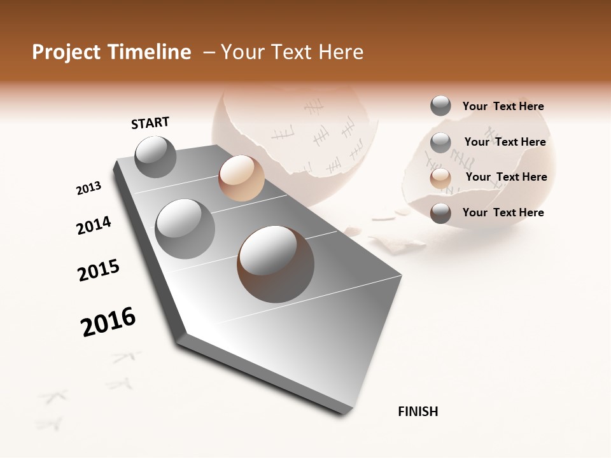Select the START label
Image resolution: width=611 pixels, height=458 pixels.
tap(150, 123)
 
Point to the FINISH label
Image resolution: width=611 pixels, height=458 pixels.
tap(418, 412)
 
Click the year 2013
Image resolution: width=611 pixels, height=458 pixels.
tap(88, 188)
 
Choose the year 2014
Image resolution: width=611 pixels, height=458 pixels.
tap(94, 226)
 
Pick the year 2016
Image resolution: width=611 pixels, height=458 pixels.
tap(108, 322)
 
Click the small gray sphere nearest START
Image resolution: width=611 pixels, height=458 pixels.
tap(155, 156)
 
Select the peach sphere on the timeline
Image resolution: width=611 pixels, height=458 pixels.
tap(241, 178)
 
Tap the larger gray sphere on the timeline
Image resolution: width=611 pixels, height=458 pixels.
tap(185, 229)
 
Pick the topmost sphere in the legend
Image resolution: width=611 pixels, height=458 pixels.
tap(440, 106)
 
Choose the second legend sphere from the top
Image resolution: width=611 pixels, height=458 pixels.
tap(440, 142)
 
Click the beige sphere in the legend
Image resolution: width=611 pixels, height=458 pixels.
tap(440, 178)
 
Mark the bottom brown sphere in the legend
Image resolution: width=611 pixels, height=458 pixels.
tap(440, 213)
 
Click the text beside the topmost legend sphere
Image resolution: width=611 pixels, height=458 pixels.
tap(503, 107)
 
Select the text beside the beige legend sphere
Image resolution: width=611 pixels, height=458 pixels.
tap(506, 177)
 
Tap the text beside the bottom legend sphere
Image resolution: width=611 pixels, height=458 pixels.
tap(503, 212)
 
